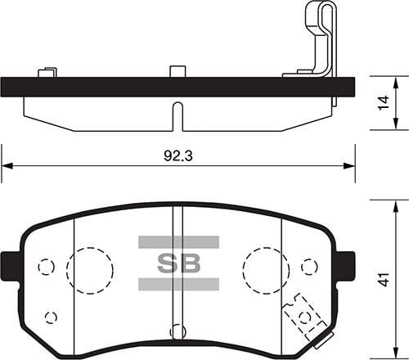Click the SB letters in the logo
click(x=178, y=263)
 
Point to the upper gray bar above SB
click(x=178, y=242)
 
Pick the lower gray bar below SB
click(x=178, y=284)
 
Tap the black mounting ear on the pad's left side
click(x=11, y=266)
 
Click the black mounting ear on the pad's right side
click(x=346, y=266)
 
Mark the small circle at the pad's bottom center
click(x=176, y=331)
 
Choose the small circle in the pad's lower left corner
click(x=51, y=317)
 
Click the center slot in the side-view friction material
click(x=177, y=115)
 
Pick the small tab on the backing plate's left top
click(x=47, y=72)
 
